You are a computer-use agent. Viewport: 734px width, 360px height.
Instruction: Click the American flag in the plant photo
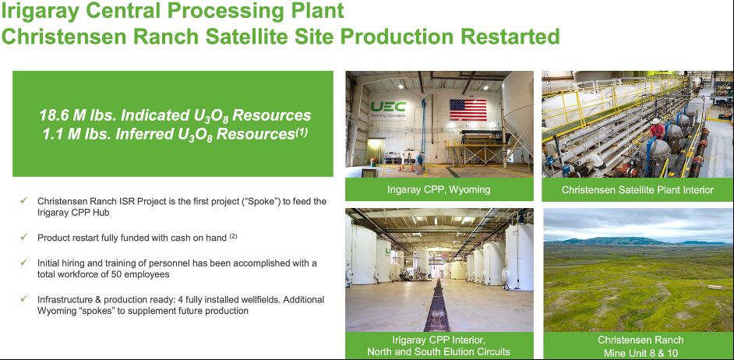pyautogui.click(x=468, y=110)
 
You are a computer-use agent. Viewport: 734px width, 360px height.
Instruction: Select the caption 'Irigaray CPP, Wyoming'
pyautogui.click(x=439, y=189)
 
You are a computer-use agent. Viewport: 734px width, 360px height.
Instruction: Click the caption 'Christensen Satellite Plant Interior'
pyautogui.click(x=637, y=189)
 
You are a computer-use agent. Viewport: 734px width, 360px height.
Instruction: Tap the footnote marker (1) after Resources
pyautogui.click(x=301, y=132)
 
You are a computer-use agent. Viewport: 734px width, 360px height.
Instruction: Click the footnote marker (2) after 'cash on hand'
pyautogui.click(x=233, y=236)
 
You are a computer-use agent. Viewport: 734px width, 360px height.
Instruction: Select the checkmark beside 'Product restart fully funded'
pyautogui.click(x=24, y=237)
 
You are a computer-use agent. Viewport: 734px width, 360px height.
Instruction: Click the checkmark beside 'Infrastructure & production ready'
pyautogui.click(x=24, y=298)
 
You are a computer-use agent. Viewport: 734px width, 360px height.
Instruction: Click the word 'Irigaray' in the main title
pyautogui.click(x=41, y=11)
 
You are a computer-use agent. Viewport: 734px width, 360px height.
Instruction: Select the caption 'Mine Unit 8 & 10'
pyautogui.click(x=640, y=352)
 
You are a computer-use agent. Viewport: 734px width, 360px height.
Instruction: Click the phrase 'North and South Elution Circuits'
pyautogui.click(x=439, y=351)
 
